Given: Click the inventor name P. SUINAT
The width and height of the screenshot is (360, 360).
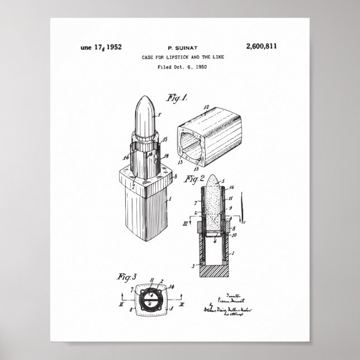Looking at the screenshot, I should coord(179,48).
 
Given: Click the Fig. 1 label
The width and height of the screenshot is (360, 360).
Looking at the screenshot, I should coord(177,98).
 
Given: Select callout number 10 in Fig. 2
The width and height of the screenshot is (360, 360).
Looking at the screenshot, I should coord(234,235).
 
